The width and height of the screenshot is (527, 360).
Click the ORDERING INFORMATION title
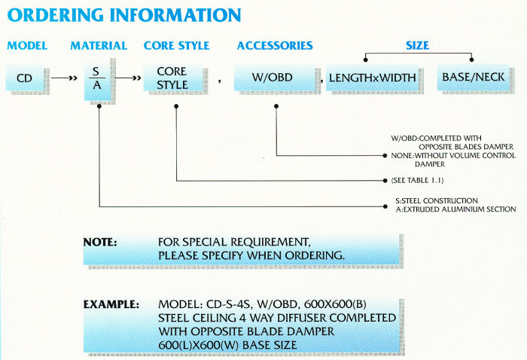(x=124, y=15)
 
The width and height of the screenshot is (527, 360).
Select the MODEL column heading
(x=27, y=46)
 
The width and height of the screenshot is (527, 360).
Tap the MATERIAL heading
(x=99, y=46)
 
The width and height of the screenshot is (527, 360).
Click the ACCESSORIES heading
(x=275, y=46)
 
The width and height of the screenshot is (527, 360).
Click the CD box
(x=24, y=77)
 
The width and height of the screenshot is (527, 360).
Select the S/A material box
(x=96, y=77)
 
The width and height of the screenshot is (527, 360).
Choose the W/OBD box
(x=275, y=77)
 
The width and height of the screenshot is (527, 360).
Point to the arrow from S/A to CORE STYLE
(x=128, y=77)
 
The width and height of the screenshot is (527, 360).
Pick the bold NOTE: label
(x=100, y=243)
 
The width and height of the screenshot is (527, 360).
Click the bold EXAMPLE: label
(x=111, y=305)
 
